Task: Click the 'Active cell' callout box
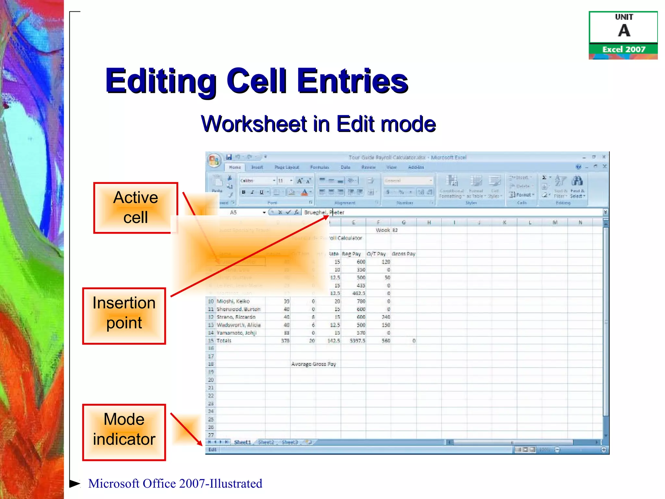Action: pyautogui.click(x=135, y=208)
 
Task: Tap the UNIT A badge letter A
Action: pyautogui.click(x=624, y=31)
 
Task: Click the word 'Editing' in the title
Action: pyautogui.click(x=161, y=81)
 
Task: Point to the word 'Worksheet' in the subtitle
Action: pyautogui.click(x=254, y=124)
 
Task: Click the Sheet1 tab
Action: pyautogui.click(x=243, y=442)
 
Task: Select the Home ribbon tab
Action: pyautogui.click(x=235, y=167)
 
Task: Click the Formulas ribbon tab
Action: pyautogui.click(x=320, y=167)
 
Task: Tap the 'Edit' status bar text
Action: pyautogui.click(x=212, y=450)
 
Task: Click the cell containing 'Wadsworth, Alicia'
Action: pyautogui.click(x=239, y=325)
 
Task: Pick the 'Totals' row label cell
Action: pyautogui.click(x=224, y=341)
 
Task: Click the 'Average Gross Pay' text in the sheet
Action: pyautogui.click(x=313, y=364)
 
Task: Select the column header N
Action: pyautogui.click(x=580, y=223)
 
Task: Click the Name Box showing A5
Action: pyautogui.click(x=240, y=212)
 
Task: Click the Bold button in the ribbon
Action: pyautogui.click(x=244, y=192)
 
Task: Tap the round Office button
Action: pyautogui.click(x=214, y=160)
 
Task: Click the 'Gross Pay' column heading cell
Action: pyautogui.click(x=404, y=254)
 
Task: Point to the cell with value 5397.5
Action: pyautogui.click(x=357, y=341)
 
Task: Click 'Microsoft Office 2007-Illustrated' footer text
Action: pyautogui.click(x=175, y=483)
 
